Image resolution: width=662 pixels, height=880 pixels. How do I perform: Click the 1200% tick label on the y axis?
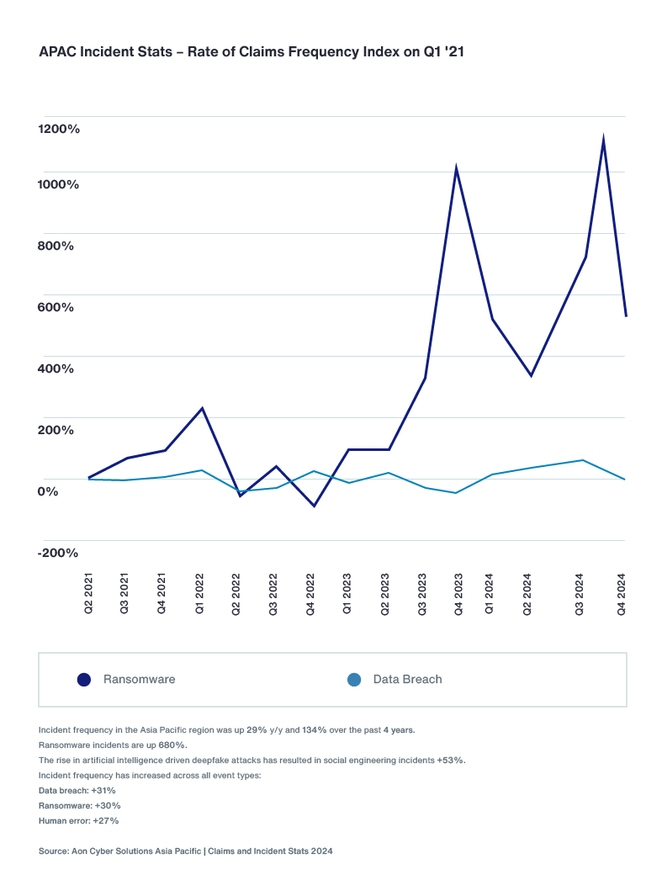coord(59,129)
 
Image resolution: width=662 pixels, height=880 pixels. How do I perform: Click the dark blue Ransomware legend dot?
coord(83,680)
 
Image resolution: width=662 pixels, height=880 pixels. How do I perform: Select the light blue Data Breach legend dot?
coord(354,680)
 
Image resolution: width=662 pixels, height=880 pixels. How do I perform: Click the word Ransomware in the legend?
coord(139,680)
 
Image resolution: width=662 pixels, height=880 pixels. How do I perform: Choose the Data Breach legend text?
coord(407,680)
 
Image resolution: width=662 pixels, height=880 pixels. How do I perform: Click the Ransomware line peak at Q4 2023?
coord(456,167)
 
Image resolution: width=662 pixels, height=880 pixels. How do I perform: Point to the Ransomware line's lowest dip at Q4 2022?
coord(315,506)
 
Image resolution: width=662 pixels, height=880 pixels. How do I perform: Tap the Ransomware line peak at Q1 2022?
coord(202,409)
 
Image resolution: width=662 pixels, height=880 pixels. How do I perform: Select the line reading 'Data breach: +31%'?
coord(77,791)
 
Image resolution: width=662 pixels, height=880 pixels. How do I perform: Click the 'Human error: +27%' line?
coord(79,820)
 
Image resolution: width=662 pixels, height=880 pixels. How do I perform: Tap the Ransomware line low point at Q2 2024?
coord(531,375)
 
